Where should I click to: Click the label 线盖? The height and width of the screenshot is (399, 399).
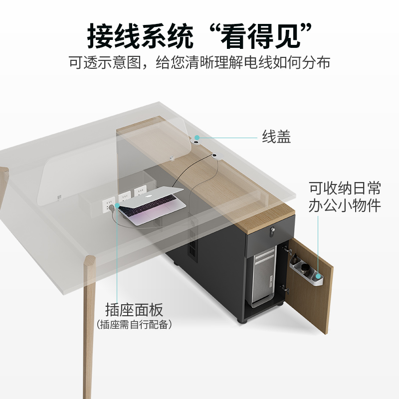tap(276, 137)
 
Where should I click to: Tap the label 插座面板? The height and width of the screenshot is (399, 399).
tap(134, 310)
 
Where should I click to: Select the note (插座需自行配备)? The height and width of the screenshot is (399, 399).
tap(134, 325)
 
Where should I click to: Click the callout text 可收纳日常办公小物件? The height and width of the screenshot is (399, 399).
tap(345, 197)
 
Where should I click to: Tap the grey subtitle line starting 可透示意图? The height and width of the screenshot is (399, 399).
tap(199, 63)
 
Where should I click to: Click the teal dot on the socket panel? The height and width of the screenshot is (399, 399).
tap(117, 205)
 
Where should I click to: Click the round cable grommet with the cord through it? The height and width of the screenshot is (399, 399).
tap(215, 157)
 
